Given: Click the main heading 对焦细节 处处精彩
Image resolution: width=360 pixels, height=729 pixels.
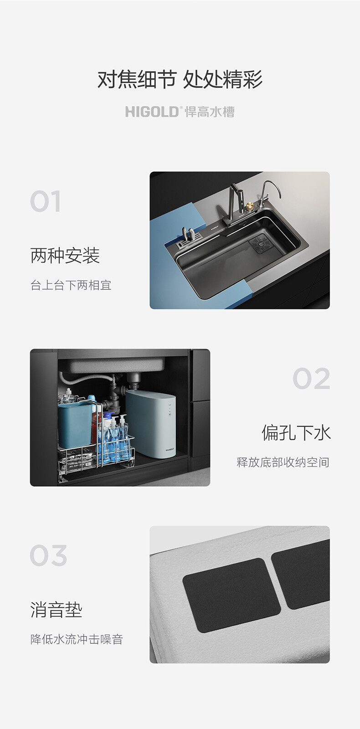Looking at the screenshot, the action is [180, 79].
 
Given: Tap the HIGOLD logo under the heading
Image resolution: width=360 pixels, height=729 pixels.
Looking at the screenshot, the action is [180, 112].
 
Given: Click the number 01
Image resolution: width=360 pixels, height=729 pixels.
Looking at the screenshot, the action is [45, 201].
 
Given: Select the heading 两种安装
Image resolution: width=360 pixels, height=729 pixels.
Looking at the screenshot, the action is [65, 256].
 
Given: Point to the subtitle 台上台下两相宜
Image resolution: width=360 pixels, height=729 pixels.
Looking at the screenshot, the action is [71, 285].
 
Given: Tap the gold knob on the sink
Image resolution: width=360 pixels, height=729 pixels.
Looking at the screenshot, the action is [250, 205].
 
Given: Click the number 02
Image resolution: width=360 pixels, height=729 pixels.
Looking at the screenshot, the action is [311, 378].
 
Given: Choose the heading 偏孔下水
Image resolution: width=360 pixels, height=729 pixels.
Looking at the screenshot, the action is [296, 433].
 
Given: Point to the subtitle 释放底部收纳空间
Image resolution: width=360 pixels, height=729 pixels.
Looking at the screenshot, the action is [283, 462].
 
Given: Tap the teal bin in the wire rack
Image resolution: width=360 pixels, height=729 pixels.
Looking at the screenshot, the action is [75, 425].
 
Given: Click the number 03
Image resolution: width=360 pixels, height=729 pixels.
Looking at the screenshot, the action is [48, 555].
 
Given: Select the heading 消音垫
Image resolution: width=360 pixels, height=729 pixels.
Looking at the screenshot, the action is [56, 610].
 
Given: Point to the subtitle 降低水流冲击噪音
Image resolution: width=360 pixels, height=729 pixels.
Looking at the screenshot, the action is [77, 639].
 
